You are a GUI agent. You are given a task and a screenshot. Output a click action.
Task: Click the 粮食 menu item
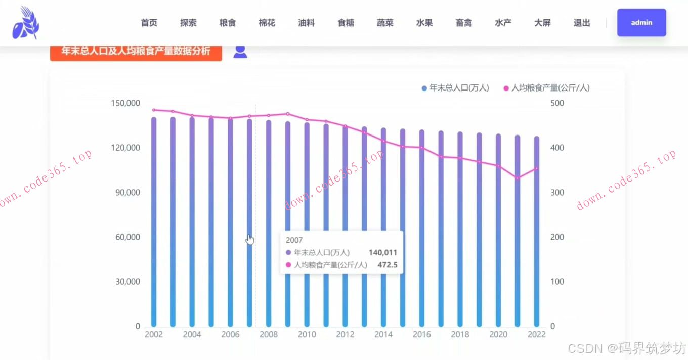click(x=227, y=23)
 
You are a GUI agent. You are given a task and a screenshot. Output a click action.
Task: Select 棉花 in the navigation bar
click(x=267, y=23)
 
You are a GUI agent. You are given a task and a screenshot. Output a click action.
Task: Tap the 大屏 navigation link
click(x=542, y=23)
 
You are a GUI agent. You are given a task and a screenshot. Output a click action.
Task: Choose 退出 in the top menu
click(x=582, y=23)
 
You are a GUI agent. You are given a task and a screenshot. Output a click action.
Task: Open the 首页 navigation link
click(x=149, y=23)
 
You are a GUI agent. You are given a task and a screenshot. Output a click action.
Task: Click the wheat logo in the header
click(x=26, y=23)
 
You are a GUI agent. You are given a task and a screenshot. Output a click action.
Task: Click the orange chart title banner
click(x=136, y=51)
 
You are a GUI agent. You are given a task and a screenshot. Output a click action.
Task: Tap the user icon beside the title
click(x=240, y=51)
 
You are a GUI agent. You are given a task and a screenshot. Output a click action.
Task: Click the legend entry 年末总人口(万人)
click(x=455, y=88)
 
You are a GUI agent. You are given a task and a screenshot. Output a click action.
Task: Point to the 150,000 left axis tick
click(x=125, y=103)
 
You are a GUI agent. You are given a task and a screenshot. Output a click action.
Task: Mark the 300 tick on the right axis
click(x=556, y=193)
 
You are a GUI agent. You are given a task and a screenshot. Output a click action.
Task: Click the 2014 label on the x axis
click(x=383, y=334)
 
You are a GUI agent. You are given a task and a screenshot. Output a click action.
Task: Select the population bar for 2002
click(x=154, y=222)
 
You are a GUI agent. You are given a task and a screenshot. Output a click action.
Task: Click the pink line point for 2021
click(x=518, y=178)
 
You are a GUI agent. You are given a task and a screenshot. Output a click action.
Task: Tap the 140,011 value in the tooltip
click(x=382, y=253)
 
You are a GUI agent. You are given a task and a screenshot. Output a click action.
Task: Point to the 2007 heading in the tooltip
click(x=294, y=240)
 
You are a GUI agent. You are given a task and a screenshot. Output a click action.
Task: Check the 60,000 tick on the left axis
click(x=127, y=237)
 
